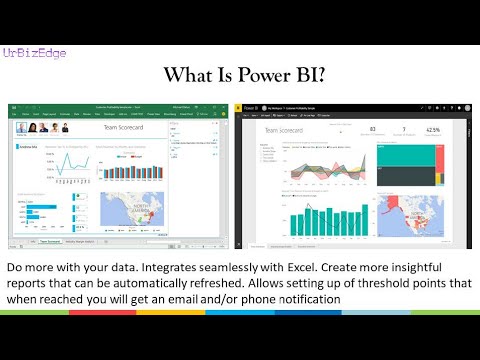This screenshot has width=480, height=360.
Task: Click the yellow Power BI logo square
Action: [239, 106]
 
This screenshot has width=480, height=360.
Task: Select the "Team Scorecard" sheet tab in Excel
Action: [50, 242]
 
